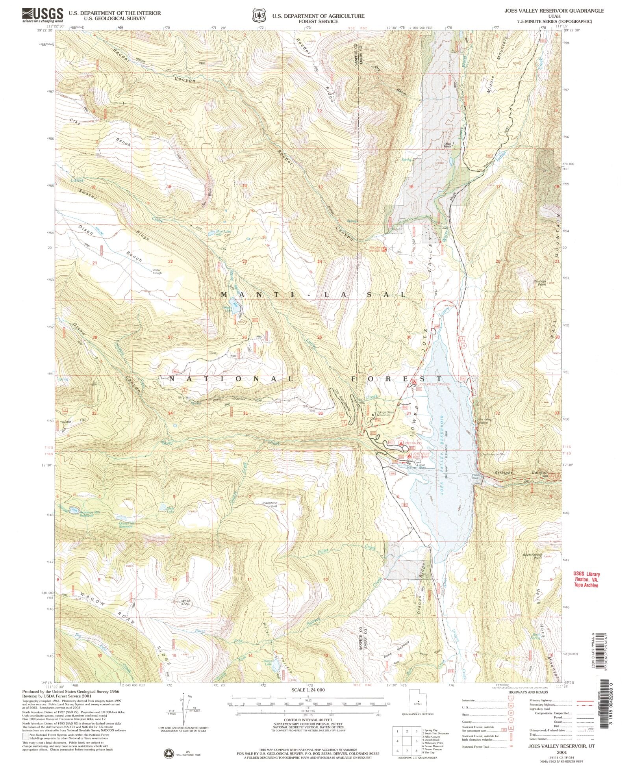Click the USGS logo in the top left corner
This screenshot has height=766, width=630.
click(x=43, y=15)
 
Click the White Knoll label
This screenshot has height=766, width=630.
click(x=185, y=602)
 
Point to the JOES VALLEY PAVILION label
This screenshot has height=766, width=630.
click(x=434, y=384)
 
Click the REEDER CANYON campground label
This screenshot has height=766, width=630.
click(x=374, y=249)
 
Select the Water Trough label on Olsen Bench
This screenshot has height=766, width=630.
click(x=157, y=271)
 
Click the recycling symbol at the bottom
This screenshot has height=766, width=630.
click(x=169, y=753)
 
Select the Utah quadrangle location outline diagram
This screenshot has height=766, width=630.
click(x=418, y=703)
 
